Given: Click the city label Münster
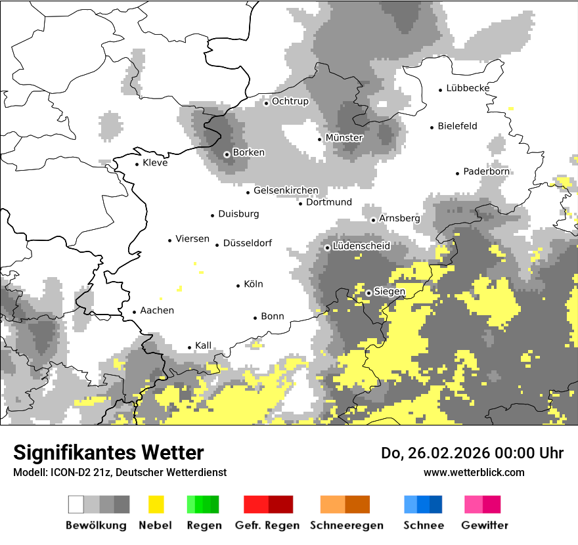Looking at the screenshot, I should point(344,138).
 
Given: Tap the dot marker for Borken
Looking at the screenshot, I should point(227,154).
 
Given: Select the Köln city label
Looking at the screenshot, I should point(253,284).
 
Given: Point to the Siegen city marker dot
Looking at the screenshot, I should point(369,293).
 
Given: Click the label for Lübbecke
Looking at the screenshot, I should point(468,88).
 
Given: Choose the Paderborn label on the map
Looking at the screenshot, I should point(486,171).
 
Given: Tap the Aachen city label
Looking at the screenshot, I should point(157,311).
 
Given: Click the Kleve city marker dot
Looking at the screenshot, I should point(137,164).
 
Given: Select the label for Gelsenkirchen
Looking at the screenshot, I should point(286,190).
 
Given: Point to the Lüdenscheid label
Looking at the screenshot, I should point(361,246).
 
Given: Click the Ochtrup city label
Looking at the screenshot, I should point(290,101).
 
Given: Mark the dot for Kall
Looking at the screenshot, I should point(190,347).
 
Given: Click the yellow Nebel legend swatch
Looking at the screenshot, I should point(156,504).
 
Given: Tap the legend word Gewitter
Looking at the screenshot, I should point(484,525).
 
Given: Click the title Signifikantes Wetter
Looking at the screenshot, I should point(108,452).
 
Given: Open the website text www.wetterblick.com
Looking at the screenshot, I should point(474,472).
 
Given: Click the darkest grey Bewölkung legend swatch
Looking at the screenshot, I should point(122,504).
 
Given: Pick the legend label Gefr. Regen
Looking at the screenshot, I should point(267,525).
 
